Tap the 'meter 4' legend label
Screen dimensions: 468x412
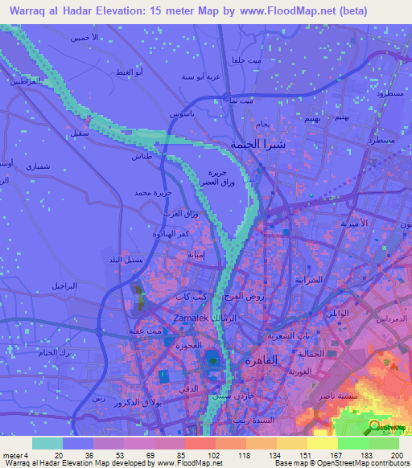pyautogui.click(x=14, y=454)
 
